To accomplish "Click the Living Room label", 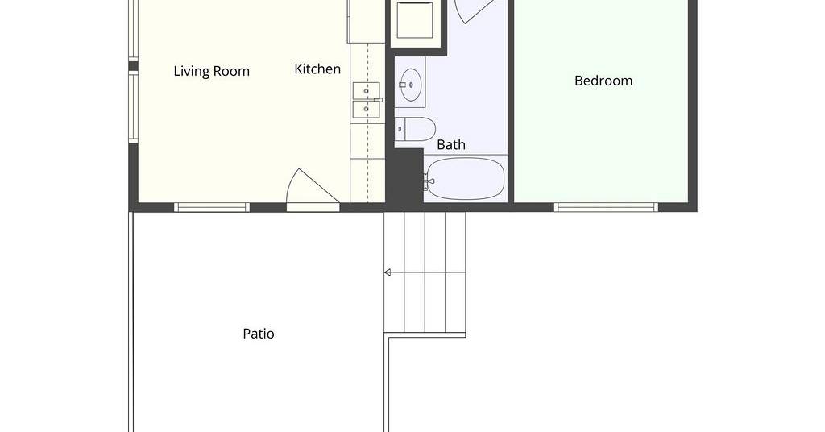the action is [x=212, y=71].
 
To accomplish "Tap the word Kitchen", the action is [x=317, y=69].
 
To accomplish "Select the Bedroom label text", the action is [x=603, y=81].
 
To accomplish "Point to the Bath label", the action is [x=451, y=144].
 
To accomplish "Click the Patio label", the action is [x=259, y=334].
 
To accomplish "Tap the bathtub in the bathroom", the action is [x=465, y=179].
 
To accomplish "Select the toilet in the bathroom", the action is [x=415, y=129].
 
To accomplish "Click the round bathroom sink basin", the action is [x=410, y=85].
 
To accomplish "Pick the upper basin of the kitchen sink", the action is [x=367, y=90].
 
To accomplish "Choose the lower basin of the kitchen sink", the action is [x=367, y=109].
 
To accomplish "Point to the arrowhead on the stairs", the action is [x=388, y=272].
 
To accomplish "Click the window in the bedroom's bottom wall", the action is [x=606, y=207].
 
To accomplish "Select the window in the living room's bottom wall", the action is [x=212, y=207].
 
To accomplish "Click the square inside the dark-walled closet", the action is [x=415, y=19].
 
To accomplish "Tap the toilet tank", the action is [x=400, y=129].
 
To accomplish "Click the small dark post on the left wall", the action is [x=134, y=66].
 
